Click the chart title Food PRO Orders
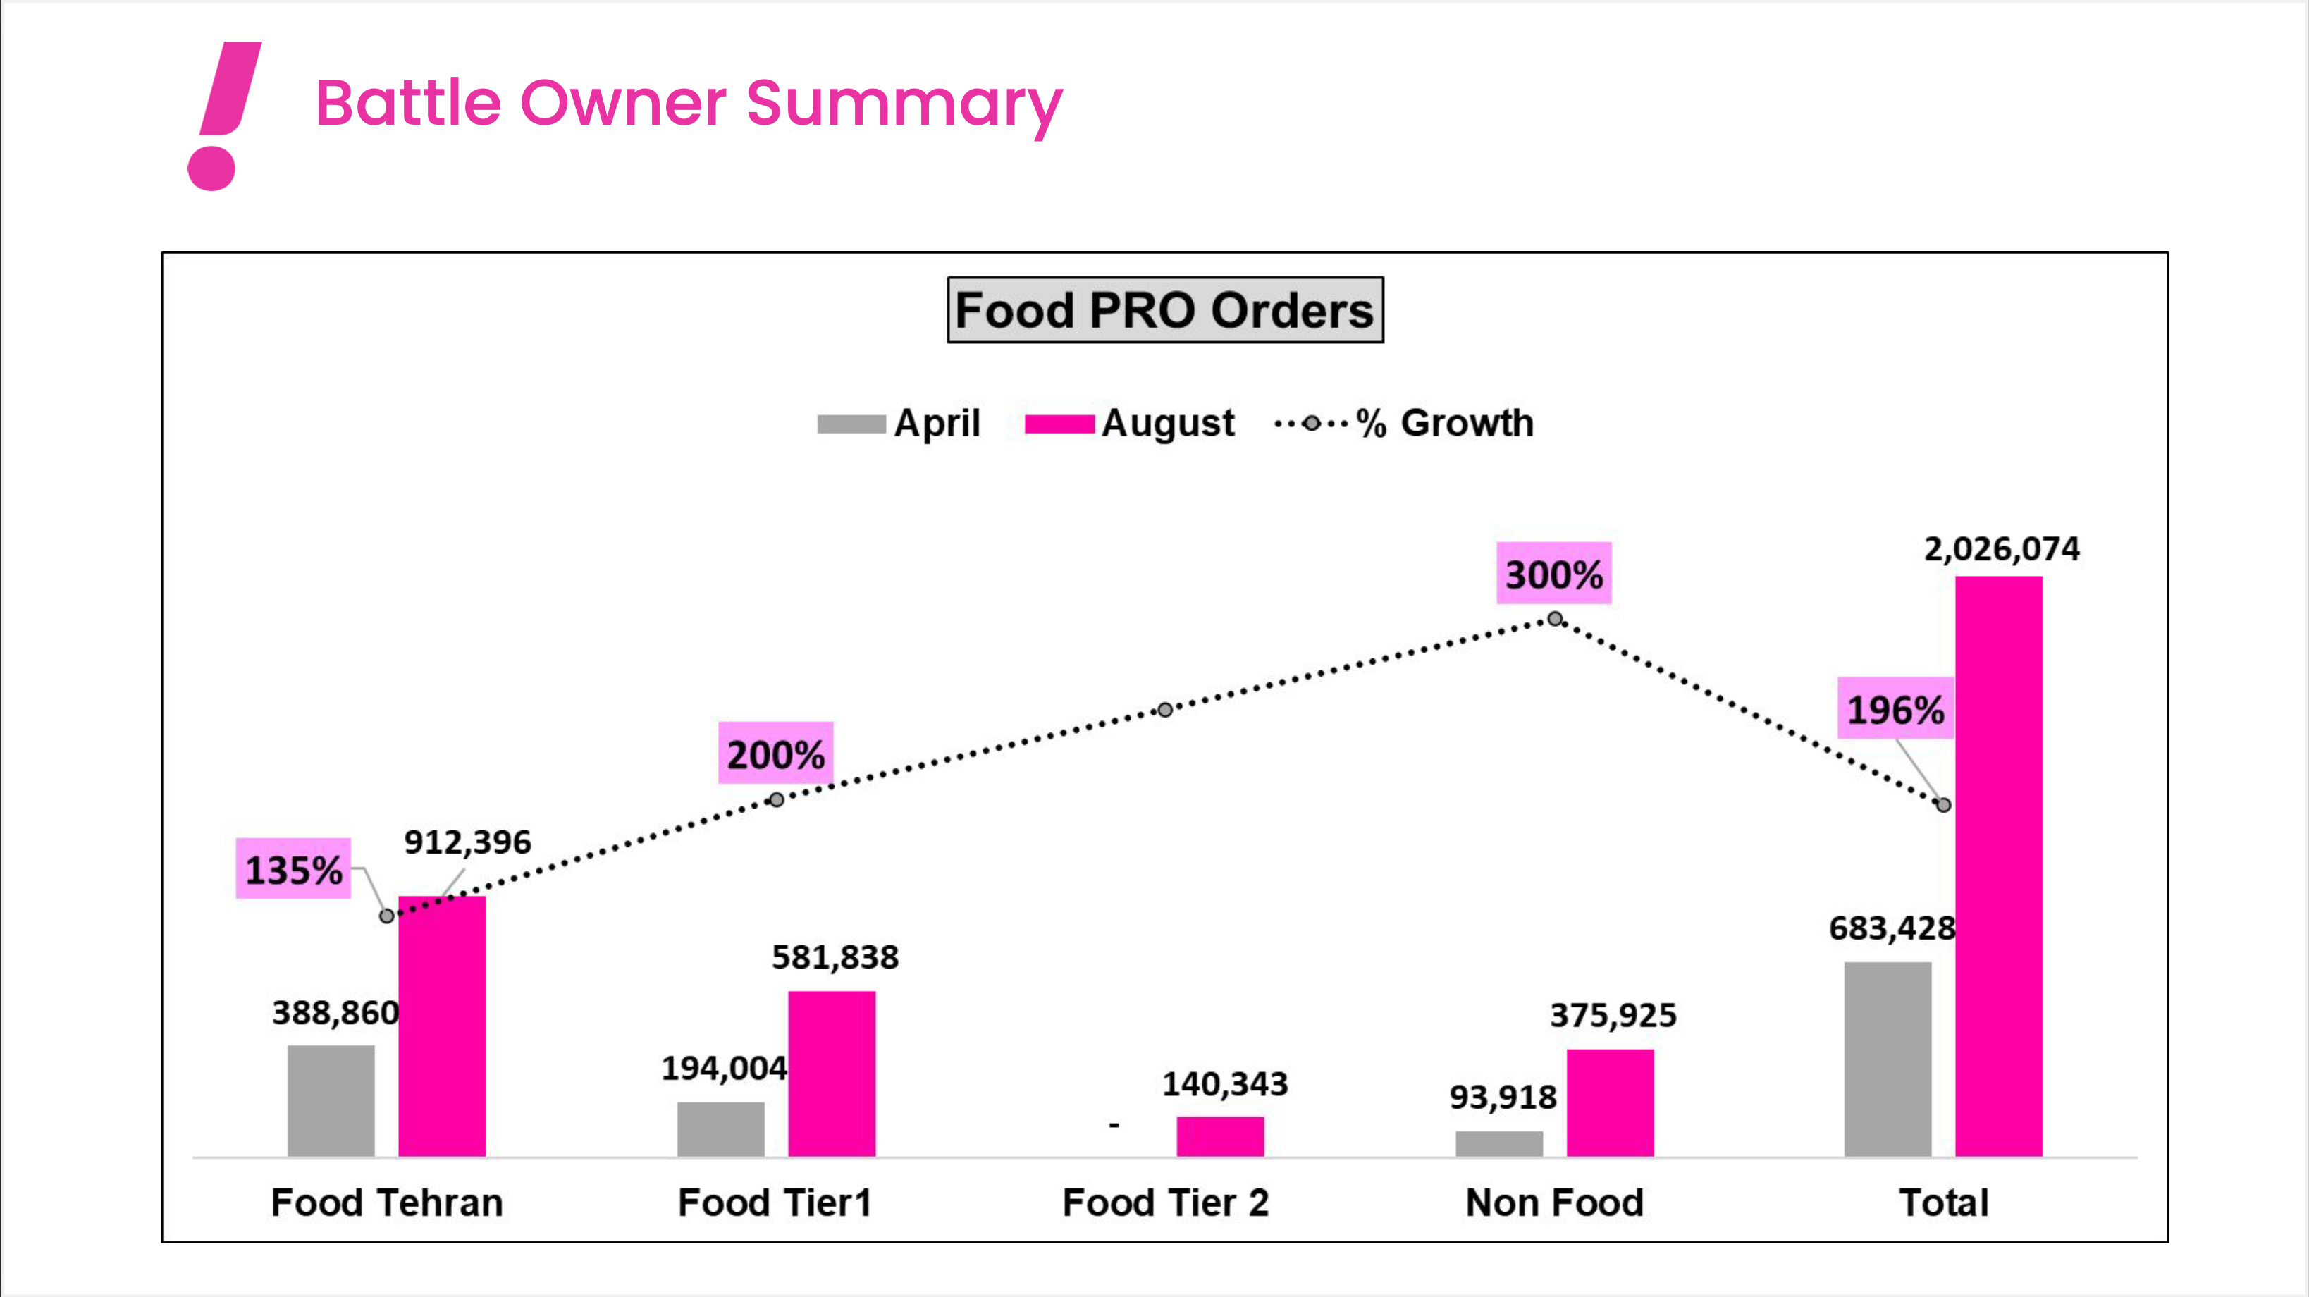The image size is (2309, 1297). pyautogui.click(x=1164, y=310)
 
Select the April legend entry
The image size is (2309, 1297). pyautogui.click(x=899, y=423)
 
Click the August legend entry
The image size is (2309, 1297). pyautogui.click(x=1129, y=423)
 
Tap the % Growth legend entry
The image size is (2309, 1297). pyautogui.click(x=1405, y=423)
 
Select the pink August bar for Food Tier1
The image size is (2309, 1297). pyautogui.click(x=831, y=1073)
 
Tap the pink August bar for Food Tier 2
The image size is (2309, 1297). pyautogui.click(x=1220, y=1136)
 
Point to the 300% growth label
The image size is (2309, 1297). pyautogui.click(x=1553, y=574)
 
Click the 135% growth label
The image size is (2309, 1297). pyautogui.click(x=293, y=868)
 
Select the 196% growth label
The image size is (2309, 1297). pyautogui.click(x=1895, y=709)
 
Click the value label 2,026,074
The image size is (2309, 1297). pyautogui.click(x=2002, y=548)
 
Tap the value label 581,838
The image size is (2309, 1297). pyautogui.click(x=835, y=957)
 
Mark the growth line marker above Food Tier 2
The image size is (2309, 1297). pyautogui.click(x=1164, y=710)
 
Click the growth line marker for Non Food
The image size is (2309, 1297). pyautogui.click(x=1555, y=618)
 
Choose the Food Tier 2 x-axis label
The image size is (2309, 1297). pyautogui.click(x=1165, y=1202)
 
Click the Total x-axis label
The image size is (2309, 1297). pyautogui.click(x=1943, y=1202)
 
